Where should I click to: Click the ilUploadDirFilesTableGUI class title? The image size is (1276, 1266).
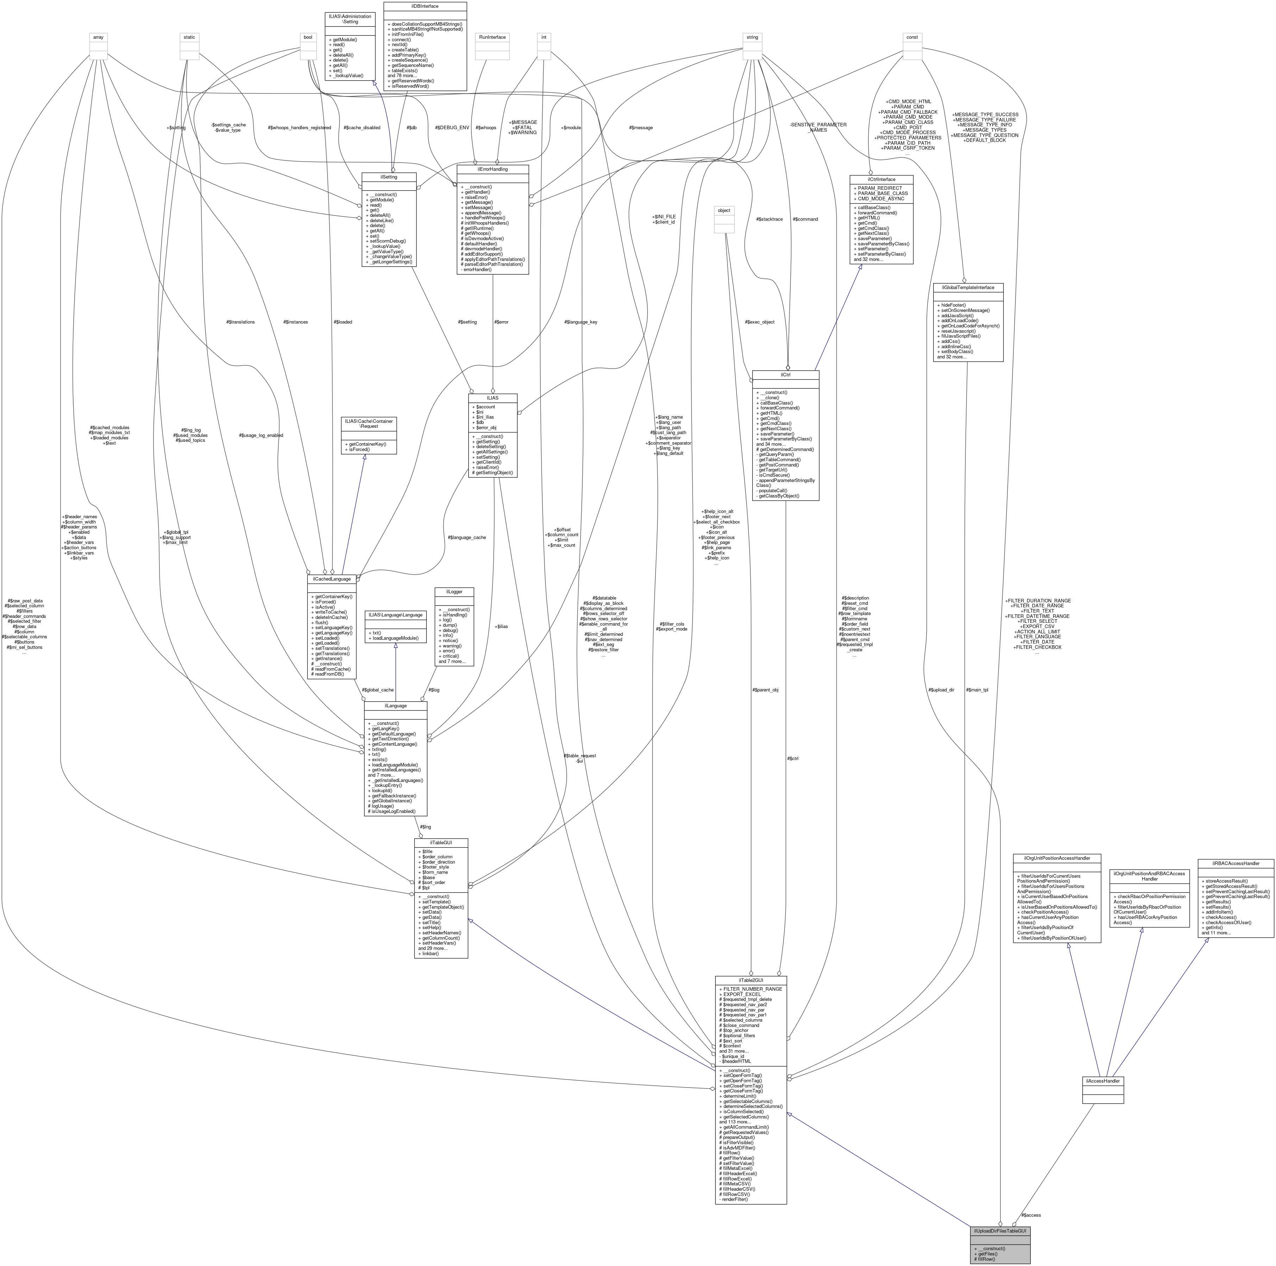[x=1000, y=1231]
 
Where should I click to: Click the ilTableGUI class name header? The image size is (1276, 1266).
[x=441, y=843]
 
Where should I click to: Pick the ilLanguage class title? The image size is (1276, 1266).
[x=395, y=705]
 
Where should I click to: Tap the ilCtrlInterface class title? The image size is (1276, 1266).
[x=881, y=179]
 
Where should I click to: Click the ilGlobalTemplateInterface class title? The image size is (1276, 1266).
[x=968, y=287]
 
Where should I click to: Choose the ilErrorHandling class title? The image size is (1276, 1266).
[x=492, y=169]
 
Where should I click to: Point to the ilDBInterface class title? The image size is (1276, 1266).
[x=425, y=6]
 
